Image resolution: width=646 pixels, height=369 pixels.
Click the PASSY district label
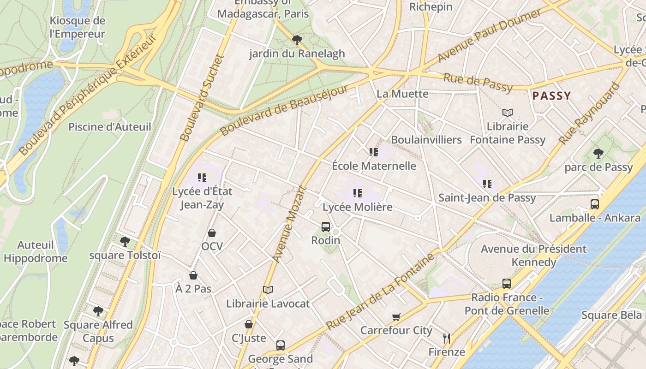(552, 96)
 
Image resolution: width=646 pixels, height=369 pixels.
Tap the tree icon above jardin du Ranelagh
(297, 40)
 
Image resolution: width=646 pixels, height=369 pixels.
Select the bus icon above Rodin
(326, 226)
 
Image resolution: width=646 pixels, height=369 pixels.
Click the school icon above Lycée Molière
(358, 193)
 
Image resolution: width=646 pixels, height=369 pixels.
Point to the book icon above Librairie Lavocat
(268, 290)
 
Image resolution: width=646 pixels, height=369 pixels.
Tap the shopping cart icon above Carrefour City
(396, 317)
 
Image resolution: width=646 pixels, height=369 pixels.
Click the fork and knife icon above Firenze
(446, 339)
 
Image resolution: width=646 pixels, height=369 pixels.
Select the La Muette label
(396, 94)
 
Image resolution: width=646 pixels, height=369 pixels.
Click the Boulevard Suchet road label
(201, 98)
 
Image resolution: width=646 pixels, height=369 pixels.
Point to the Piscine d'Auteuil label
(109, 127)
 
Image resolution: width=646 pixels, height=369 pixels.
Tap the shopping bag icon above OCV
(212, 232)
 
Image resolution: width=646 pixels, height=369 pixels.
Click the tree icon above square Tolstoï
(125, 241)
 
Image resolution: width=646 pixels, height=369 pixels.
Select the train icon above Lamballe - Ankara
(595, 204)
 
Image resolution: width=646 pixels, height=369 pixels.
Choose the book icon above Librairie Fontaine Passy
(508, 113)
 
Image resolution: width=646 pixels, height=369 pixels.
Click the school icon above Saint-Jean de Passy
(487, 184)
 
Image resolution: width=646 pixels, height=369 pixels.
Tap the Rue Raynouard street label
(589, 113)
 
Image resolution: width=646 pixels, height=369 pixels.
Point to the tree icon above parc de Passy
(598, 153)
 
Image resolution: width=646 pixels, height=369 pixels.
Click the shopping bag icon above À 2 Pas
(193, 275)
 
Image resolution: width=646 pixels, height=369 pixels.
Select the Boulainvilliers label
(426, 140)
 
